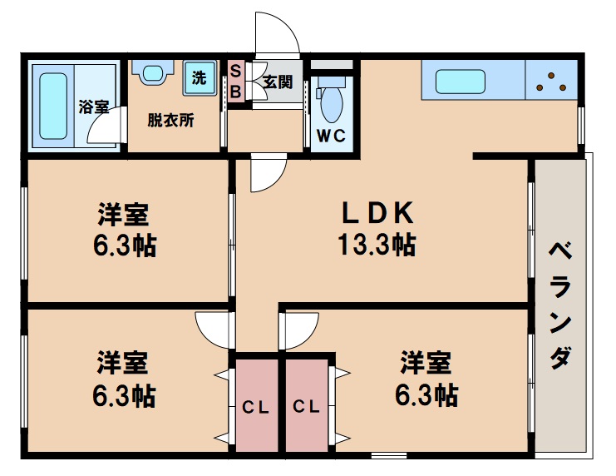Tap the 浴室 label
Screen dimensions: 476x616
click(93, 107)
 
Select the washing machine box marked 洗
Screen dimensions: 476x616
click(199, 79)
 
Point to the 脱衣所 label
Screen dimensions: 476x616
click(170, 120)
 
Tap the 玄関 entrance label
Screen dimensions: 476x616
click(278, 82)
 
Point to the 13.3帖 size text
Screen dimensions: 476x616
click(377, 245)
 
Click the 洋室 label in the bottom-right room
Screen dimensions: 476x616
click(426, 363)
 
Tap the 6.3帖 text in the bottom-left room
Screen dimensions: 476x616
click(123, 394)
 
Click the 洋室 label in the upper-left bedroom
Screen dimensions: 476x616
click(123, 216)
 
